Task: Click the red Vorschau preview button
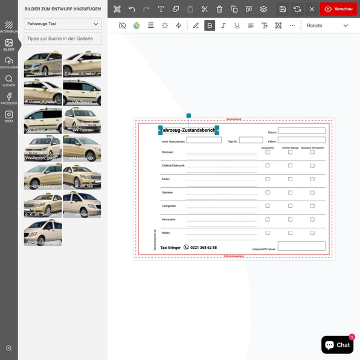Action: [338, 9]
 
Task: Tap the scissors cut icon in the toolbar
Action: [205, 9]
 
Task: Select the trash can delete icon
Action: [219, 9]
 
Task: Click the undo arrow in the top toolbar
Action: [132, 9]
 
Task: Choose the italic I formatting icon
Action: [223, 25]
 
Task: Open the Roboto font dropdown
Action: [327, 25]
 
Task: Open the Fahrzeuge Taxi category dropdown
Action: [63, 24]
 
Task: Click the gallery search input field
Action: [63, 39]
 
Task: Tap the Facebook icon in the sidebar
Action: [8, 97]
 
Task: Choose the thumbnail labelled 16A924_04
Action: [43, 65]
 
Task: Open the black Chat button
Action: [337, 345]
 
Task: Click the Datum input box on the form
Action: [301, 130]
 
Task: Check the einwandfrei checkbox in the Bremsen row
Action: [268, 152]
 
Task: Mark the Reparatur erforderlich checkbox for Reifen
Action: [312, 233]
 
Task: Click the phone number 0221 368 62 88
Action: [203, 248]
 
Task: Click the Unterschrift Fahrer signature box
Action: [301, 246]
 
